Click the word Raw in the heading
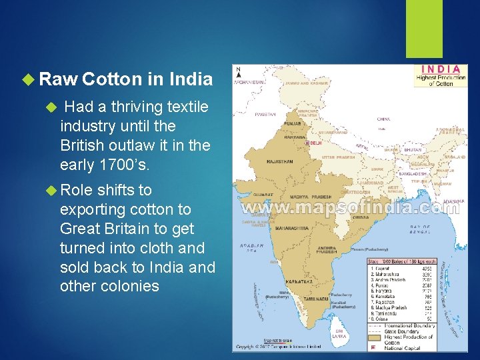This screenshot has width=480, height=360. [x=58, y=80]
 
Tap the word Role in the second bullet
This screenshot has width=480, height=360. [x=78, y=190]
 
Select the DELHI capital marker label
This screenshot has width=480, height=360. [x=315, y=143]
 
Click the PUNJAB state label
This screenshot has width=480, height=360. [x=291, y=123]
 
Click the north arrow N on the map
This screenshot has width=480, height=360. [x=239, y=70]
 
